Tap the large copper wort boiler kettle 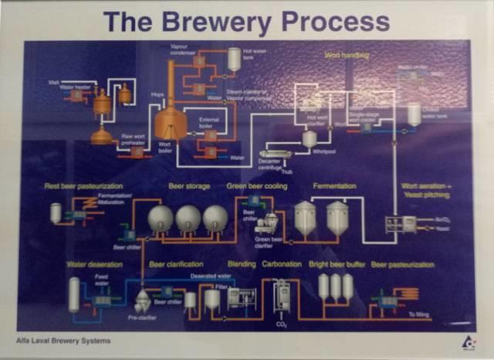[x=170, y=122]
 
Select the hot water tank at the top [x=234, y=59]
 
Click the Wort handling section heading [x=347, y=56]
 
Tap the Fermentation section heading [x=334, y=187]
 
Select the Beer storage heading [x=189, y=187]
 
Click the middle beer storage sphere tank [x=188, y=219]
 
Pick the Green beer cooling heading [x=257, y=187]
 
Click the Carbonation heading [x=281, y=263]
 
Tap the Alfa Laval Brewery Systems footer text [x=63, y=340]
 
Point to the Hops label [x=157, y=94]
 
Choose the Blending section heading [x=242, y=263]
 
